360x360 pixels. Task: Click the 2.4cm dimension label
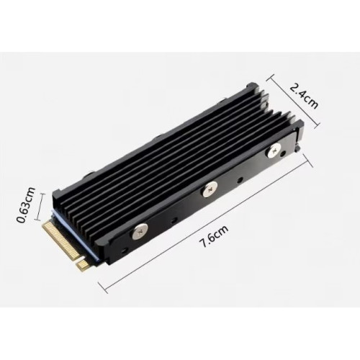304,96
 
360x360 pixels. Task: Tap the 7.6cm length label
214,236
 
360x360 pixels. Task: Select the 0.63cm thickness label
25,204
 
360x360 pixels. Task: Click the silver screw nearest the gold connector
140,231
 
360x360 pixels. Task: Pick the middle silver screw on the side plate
210,189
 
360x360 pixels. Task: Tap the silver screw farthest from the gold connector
274,150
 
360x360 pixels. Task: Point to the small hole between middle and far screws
240,179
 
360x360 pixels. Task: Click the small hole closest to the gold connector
124,251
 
